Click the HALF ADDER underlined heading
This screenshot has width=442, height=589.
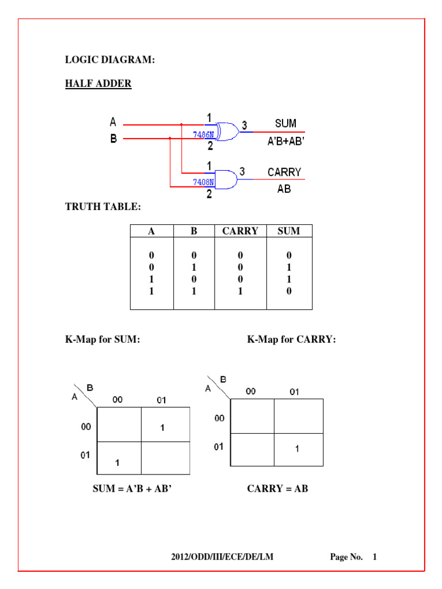click(98, 84)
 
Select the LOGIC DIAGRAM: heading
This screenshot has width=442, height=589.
click(110, 60)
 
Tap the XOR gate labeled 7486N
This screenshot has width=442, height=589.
click(226, 132)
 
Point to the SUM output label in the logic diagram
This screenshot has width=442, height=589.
click(285, 123)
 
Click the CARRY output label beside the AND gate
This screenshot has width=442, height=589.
click(284, 172)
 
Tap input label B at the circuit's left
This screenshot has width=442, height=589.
click(113, 139)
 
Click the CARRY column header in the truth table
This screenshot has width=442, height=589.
click(240, 231)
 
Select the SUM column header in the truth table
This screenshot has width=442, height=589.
click(289, 231)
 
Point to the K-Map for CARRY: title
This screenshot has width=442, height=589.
click(291, 340)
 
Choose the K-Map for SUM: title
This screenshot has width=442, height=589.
click(102, 340)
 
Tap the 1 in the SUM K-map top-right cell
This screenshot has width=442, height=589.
click(163, 427)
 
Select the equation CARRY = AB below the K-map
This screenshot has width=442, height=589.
click(277, 489)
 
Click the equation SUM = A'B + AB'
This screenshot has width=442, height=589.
click(132, 489)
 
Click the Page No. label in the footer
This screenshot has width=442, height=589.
click(346, 557)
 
